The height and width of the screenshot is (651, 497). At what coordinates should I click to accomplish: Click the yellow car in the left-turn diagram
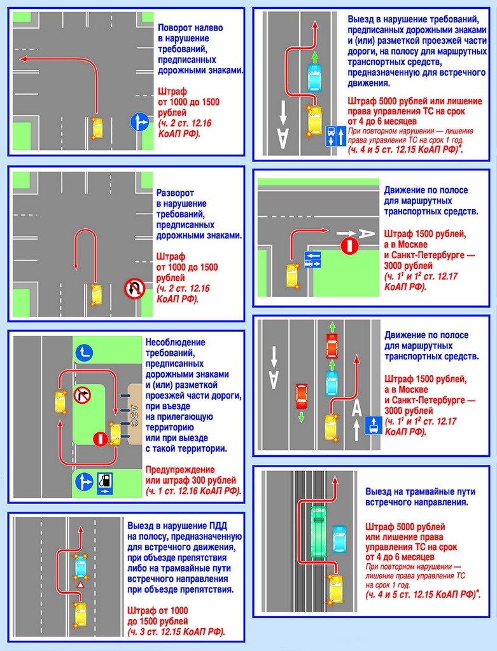(x=97, y=128)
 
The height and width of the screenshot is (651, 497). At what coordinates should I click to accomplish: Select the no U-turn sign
(x=134, y=290)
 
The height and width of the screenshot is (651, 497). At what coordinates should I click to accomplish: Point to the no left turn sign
(x=82, y=395)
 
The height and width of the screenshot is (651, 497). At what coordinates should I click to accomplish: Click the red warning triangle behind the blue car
(x=80, y=584)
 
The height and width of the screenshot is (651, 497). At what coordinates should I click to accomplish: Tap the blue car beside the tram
(x=339, y=538)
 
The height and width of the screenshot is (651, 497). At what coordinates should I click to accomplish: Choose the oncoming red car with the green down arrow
(x=302, y=396)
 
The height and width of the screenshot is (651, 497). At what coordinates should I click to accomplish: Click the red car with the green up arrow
(x=332, y=346)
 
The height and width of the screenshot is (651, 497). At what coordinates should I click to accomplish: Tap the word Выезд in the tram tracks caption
(x=380, y=492)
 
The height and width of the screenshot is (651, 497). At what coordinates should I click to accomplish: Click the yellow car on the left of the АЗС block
(x=60, y=402)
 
